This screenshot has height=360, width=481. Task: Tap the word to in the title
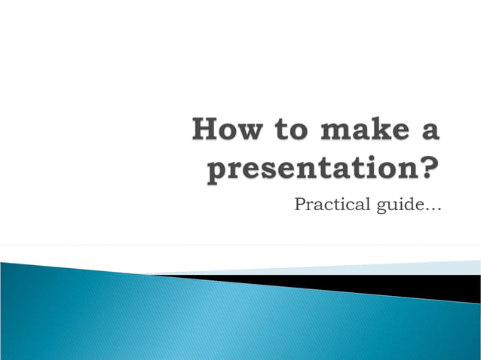(x=290, y=130)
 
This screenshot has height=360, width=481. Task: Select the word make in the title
(x=363, y=130)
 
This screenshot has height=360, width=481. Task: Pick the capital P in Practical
(x=300, y=203)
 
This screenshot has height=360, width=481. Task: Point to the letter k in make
(x=374, y=130)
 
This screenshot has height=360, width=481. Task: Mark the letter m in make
(x=334, y=132)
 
